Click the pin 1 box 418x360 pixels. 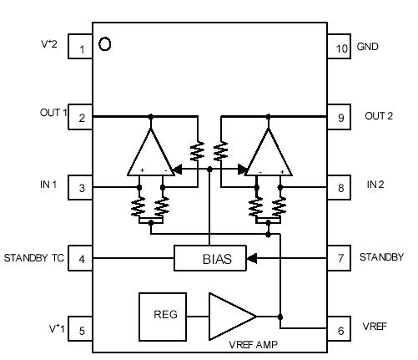point(81,48)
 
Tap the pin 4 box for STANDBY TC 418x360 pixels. point(81,258)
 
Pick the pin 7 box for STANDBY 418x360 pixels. point(340,258)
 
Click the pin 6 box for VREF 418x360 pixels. point(340,330)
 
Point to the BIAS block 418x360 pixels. point(214,259)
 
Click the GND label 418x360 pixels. point(368,48)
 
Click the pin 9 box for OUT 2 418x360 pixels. point(340,118)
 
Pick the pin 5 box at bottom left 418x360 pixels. point(81,330)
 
